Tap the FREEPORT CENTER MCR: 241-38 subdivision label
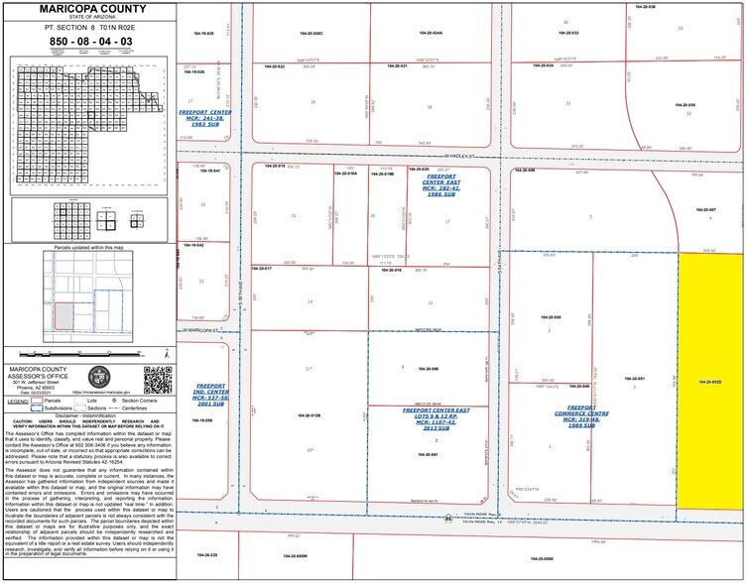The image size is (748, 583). click(x=205, y=117)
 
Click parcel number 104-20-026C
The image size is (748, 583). click(x=312, y=34)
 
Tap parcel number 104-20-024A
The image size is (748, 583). click(x=431, y=34)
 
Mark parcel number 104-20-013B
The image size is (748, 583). click(x=309, y=415)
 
